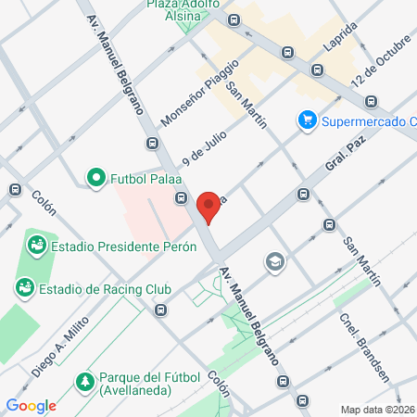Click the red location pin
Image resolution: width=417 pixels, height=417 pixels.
(x=208, y=208)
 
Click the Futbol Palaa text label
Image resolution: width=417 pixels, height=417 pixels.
(x=146, y=177)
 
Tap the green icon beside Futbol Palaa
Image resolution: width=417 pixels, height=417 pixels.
(x=95, y=177)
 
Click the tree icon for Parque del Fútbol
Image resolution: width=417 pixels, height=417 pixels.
(x=85, y=381)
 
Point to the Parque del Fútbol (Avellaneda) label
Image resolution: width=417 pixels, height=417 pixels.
(x=153, y=387)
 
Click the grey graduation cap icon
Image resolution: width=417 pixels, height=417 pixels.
(x=274, y=263)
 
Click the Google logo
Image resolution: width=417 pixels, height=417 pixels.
(x=31, y=405)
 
